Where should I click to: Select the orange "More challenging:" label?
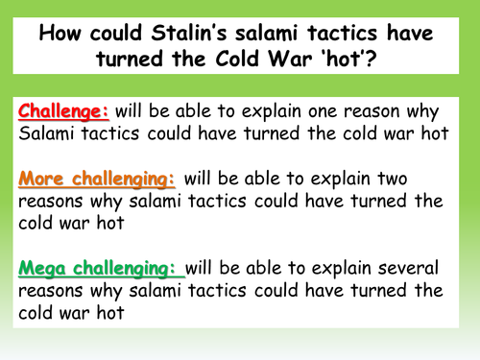coord(91,177)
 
